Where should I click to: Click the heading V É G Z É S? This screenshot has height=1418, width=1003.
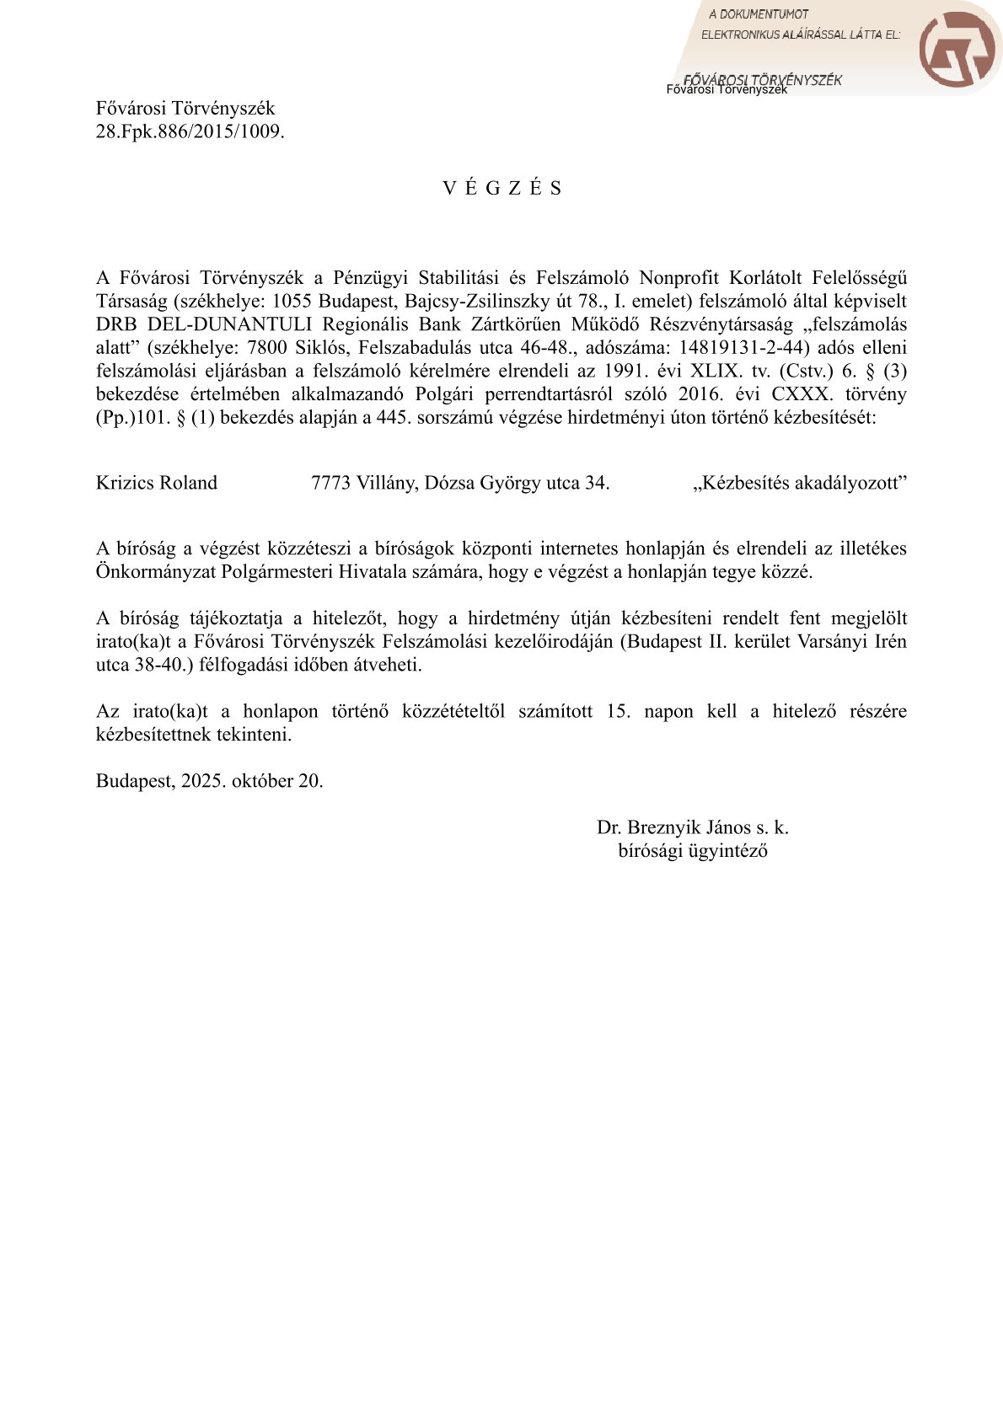[x=501, y=188]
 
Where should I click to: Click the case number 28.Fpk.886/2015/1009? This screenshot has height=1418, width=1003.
[x=190, y=131]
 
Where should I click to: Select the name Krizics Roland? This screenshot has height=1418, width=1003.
[x=157, y=483]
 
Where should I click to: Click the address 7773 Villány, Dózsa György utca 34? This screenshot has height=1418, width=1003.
[x=460, y=483]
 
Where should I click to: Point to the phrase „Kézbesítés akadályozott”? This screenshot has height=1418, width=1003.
[x=799, y=483]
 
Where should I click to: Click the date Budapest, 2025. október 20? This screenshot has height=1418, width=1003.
[x=209, y=780]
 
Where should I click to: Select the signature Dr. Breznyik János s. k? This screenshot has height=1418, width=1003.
[x=692, y=827]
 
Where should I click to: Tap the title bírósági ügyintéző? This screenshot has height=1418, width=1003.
[x=692, y=850]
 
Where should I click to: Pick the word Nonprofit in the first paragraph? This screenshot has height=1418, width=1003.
[x=678, y=277]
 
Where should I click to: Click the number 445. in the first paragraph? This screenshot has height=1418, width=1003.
[x=394, y=417]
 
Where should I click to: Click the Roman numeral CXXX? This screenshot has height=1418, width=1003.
[x=800, y=393]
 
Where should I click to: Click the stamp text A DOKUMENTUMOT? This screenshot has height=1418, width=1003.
[x=758, y=14]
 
